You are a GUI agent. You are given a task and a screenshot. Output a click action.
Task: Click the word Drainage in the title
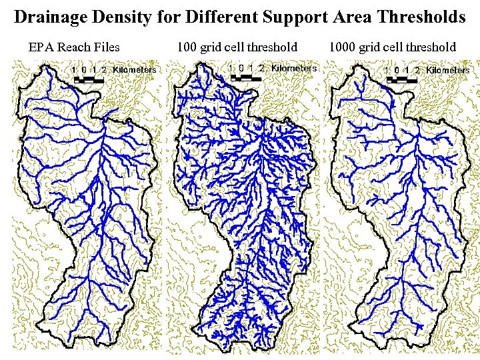53,17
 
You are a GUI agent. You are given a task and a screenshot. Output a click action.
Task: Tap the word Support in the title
292,17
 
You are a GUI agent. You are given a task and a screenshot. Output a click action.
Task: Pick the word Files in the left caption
106,47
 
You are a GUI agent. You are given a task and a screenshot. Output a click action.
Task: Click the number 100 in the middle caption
187,47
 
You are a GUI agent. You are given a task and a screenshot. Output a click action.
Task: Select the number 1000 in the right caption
341,47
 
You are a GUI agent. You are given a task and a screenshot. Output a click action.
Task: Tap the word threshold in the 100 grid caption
272,47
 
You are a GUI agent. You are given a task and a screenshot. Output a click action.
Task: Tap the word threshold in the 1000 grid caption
431,47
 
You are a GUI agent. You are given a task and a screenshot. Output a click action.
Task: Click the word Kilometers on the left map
135,69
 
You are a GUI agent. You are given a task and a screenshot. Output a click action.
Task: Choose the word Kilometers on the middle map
294,68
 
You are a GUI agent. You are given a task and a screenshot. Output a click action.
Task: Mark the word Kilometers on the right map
448,70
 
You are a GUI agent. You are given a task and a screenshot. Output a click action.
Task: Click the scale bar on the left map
89,79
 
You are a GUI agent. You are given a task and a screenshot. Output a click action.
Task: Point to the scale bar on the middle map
247,77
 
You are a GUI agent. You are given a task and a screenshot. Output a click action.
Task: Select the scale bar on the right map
403,79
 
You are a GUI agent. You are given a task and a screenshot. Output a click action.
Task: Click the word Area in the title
349,17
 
